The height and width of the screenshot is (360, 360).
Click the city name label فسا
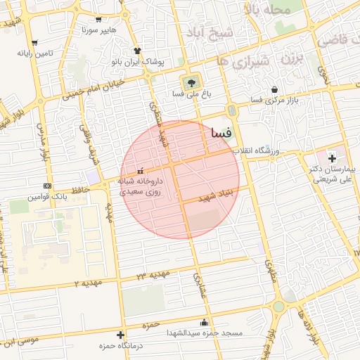pos(221,131)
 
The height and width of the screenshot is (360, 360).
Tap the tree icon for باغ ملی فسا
pos(188,81)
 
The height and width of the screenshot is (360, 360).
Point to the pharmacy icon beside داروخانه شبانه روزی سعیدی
pos(140,170)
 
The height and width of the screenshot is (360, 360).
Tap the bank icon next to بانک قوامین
pos(47,186)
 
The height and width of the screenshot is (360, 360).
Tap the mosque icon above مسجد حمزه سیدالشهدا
pos(205,323)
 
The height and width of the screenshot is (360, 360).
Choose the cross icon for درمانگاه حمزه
pos(120,335)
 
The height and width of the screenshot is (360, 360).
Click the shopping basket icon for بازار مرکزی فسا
pos(274,89)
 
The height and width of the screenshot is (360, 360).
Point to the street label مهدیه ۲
pos(89,283)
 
